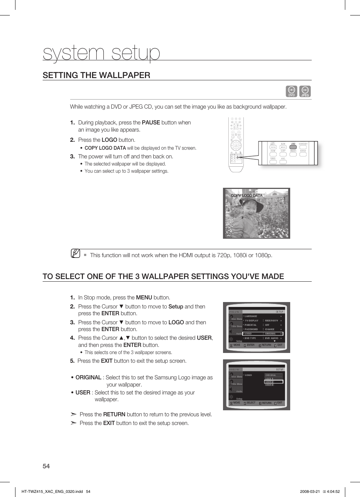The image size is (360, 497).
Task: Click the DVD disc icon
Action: (291, 91)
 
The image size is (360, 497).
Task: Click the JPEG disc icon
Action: (305, 91)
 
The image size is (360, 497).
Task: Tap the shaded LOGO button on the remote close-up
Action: (293, 147)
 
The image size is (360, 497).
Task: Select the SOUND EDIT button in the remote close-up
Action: (303, 147)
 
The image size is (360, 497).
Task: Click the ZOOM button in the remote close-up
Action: (273, 154)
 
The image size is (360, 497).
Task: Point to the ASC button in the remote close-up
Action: (283, 161)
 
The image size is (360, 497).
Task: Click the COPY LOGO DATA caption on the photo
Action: (246, 195)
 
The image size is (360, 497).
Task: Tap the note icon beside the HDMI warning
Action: (75, 254)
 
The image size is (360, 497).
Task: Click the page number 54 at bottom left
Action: (46, 466)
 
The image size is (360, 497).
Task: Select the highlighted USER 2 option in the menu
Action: (273, 382)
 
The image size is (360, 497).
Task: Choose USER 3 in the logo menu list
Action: (269, 385)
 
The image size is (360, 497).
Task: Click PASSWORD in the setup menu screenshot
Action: (251, 329)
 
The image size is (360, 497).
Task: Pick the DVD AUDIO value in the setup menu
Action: (271, 338)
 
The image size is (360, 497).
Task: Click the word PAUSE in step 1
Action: (151, 123)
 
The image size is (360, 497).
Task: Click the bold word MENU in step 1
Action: (144, 298)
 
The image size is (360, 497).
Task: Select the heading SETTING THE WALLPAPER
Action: (96, 75)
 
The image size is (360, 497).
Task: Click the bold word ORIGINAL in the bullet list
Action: (88, 377)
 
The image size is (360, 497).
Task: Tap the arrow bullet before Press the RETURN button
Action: (74, 414)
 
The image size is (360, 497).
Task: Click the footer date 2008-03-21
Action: (310, 491)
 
